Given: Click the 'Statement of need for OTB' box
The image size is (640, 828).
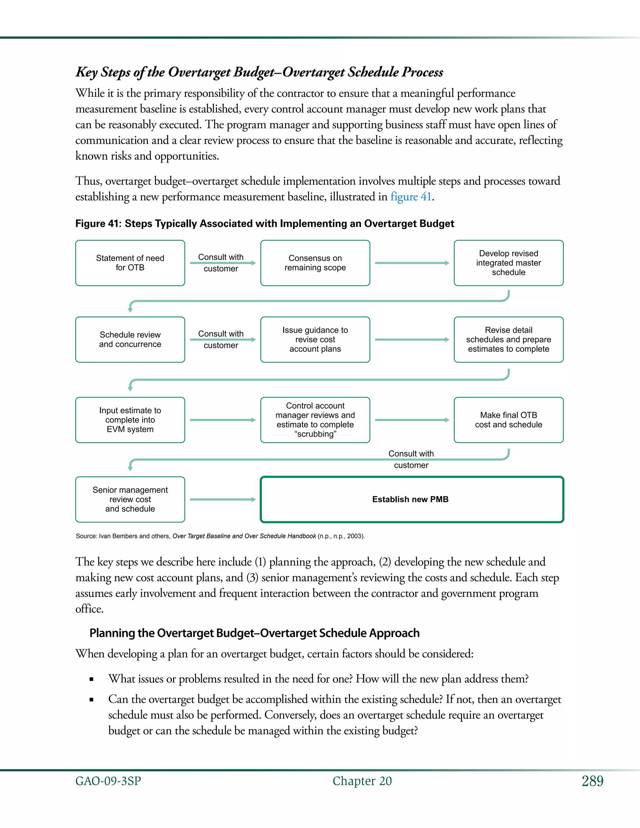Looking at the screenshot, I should pyautogui.click(x=130, y=263).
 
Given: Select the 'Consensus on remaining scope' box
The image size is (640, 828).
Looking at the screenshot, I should pyautogui.click(x=315, y=263).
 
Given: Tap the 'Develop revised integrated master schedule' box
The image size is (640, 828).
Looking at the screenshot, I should pyautogui.click(x=508, y=263).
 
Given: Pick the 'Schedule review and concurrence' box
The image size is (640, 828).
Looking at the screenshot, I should pyautogui.click(x=130, y=339).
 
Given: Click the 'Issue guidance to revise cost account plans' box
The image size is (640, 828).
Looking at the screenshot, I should pyautogui.click(x=315, y=339).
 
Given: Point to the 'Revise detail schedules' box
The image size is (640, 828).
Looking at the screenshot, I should pyautogui.click(x=508, y=339).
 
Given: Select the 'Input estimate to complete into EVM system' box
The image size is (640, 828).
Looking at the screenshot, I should pyautogui.click(x=130, y=420).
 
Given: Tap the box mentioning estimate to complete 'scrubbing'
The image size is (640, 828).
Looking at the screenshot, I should pyautogui.click(x=315, y=420).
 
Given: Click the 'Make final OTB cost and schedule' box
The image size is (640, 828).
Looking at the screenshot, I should pyautogui.click(x=508, y=420).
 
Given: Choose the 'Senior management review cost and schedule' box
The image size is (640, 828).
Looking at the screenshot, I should pyautogui.click(x=130, y=499).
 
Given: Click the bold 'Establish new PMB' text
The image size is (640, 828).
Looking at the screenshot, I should pyautogui.click(x=410, y=499).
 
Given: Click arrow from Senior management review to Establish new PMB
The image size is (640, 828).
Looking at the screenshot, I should pyautogui.click(x=222, y=499).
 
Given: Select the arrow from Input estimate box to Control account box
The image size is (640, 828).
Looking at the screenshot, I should pyautogui.click(x=222, y=420).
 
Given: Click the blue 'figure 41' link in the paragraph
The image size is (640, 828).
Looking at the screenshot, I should pyautogui.click(x=411, y=197).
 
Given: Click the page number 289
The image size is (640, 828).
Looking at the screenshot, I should pyautogui.click(x=592, y=781).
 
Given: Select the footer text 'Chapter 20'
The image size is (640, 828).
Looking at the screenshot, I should pyautogui.click(x=362, y=781).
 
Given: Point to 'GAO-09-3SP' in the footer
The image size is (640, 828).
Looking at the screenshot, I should pyautogui.click(x=108, y=781).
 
